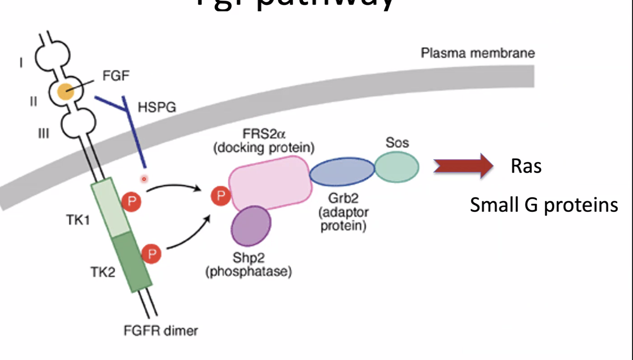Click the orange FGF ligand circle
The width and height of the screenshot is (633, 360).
pos(66,92)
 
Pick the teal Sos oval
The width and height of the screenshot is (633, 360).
pos(397,167)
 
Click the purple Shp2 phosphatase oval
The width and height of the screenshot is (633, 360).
pos(251,225)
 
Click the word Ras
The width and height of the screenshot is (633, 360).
pos(526,166)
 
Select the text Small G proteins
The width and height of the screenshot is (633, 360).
pos(544,205)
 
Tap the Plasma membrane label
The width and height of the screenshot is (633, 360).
pos(478,53)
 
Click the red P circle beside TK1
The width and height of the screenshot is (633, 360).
pos(131,201)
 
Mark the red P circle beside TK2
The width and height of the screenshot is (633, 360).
pos(151,254)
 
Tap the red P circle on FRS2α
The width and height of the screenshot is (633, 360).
pos(221,195)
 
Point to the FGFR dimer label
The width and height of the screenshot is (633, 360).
pos(161,331)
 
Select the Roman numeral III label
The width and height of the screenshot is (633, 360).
pos(43,134)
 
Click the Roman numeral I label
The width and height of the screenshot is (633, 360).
pos(21,63)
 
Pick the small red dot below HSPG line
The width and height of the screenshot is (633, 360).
pos(144,179)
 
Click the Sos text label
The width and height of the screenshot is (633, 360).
pos(397,143)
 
